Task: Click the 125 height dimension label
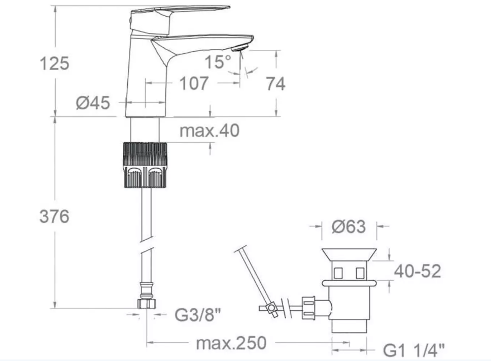click(54, 63)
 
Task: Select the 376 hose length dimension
click(54, 216)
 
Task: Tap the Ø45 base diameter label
click(93, 103)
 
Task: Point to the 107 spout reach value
click(194, 83)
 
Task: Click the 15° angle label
click(218, 61)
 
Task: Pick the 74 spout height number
click(275, 84)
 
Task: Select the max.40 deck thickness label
click(209, 130)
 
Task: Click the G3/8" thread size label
click(198, 315)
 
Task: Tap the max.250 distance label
click(231, 343)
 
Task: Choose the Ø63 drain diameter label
click(348, 226)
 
